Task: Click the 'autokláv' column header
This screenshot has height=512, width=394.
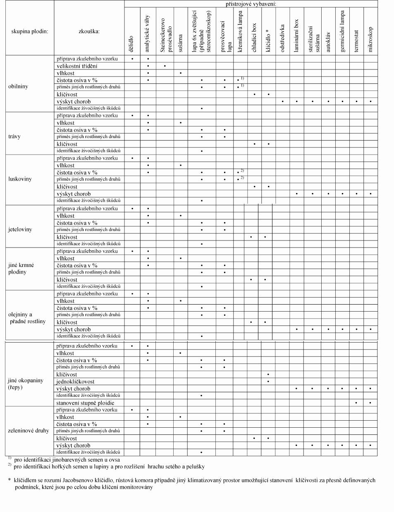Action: point(328,41)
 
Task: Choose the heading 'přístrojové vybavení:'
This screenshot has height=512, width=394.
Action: point(251,4)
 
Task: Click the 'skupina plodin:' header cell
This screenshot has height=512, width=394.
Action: point(29,31)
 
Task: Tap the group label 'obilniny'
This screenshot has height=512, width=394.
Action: point(19,87)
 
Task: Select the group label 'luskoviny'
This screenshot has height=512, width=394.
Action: point(20,179)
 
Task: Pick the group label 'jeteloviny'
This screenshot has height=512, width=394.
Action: point(20,229)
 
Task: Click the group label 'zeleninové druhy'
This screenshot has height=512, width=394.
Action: point(28,431)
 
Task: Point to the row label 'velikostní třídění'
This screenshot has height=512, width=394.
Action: point(77,66)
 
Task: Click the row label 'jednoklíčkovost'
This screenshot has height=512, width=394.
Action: point(75,381)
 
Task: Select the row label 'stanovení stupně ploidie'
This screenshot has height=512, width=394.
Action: point(85,403)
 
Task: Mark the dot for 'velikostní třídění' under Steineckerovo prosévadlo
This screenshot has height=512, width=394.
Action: point(165,66)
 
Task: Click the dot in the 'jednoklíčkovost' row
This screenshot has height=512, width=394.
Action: point(268,381)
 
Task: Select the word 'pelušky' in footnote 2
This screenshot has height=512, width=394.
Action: point(194,467)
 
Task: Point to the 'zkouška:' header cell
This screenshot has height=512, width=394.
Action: point(89,31)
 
